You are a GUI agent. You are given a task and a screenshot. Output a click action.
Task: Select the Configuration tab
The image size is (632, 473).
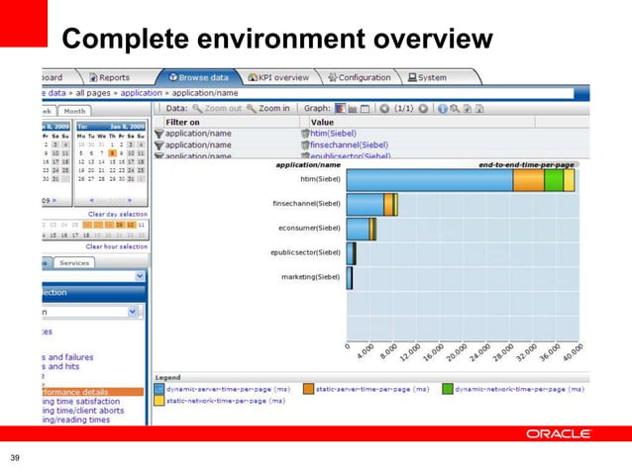(x=360, y=77)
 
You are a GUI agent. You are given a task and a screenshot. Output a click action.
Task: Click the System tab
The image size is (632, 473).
(x=426, y=77)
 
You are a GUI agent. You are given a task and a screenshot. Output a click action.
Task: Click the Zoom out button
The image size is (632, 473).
(x=217, y=108)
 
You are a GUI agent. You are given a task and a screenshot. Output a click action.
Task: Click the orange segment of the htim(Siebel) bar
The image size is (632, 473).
(x=528, y=180)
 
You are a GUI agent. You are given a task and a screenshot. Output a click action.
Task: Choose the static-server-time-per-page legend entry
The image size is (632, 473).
(x=366, y=389)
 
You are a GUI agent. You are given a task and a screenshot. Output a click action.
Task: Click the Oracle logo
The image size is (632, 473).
(x=559, y=433)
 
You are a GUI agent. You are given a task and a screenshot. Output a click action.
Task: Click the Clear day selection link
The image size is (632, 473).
(x=118, y=214)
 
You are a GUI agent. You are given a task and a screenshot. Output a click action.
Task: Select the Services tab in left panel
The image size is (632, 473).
(x=73, y=262)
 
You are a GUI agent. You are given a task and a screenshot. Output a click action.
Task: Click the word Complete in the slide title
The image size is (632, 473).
(x=113, y=40)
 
